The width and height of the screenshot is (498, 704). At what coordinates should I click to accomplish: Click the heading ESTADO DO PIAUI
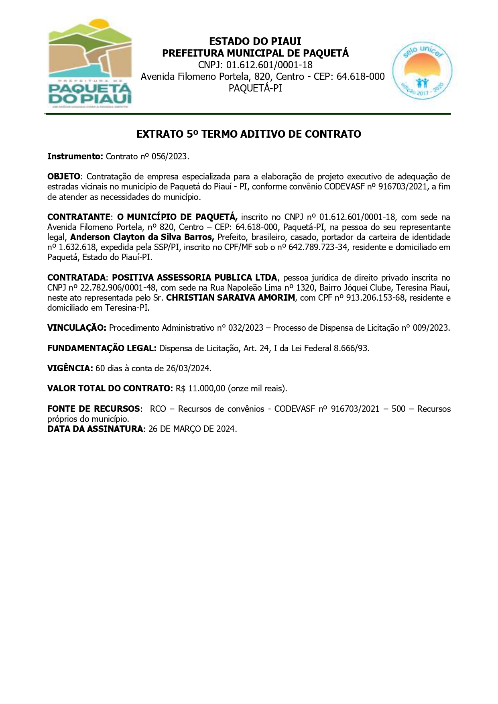click(255, 41)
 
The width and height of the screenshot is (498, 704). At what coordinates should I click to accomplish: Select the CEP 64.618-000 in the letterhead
click(360, 76)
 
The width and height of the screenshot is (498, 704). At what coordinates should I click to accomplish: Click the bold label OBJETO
click(64, 177)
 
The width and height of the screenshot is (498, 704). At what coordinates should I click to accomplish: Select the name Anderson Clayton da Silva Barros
click(142, 237)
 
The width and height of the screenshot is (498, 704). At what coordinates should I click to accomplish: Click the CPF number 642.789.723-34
click(318, 247)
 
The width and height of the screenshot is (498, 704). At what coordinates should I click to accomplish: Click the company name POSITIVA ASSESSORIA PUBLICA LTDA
click(194, 278)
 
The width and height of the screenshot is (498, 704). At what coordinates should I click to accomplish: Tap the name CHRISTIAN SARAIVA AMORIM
click(230, 298)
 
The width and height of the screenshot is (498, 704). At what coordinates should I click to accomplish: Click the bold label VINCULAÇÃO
click(77, 328)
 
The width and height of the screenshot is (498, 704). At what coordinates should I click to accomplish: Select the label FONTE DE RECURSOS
click(94, 409)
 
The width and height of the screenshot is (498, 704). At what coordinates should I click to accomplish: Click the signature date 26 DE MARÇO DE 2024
click(192, 429)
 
